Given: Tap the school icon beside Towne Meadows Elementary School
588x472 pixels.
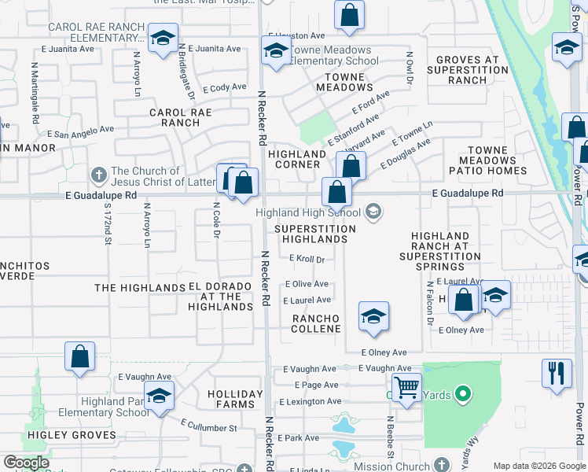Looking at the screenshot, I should [275, 52].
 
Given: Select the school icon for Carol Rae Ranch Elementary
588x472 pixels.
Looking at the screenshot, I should [163, 39].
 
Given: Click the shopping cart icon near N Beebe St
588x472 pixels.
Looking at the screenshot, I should [406, 387].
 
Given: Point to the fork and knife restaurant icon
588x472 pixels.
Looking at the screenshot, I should [557, 373].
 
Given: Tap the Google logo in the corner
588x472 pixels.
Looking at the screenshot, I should [26, 463].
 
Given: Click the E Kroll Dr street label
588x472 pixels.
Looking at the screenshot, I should [307, 258].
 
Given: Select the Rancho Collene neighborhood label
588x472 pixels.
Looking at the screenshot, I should [315, 323].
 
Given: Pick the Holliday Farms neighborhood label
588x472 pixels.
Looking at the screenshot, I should [235, 399].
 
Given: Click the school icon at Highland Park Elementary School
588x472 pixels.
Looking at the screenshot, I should [159, 396].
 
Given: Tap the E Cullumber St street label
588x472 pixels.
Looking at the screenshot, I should [208, 426].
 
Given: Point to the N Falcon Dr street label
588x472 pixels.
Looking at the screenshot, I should [430, 304].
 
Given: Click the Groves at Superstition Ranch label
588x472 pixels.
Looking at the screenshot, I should [468, 69].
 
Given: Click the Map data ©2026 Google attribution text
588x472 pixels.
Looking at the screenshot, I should [538, 465].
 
